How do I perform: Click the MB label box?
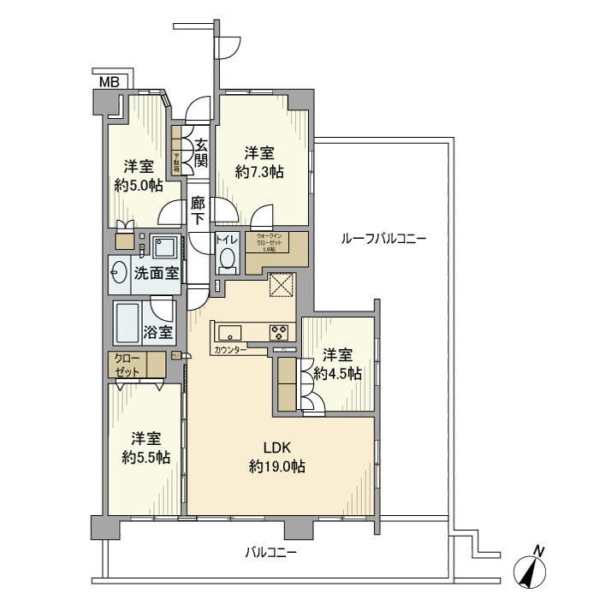coord(110,82)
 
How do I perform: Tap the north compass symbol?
coord(531,569)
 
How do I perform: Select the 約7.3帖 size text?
coord(259,171)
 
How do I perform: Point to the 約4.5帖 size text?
coord(337,373)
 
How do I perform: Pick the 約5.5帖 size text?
coord(145,457)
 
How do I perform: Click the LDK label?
coord(277,448)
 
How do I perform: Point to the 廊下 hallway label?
coord(198,211)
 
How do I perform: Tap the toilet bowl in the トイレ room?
coord(227,258)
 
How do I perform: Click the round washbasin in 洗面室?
coord(119,274)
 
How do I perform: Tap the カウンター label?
coord(230,351)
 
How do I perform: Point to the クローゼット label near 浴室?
coord(126,365)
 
